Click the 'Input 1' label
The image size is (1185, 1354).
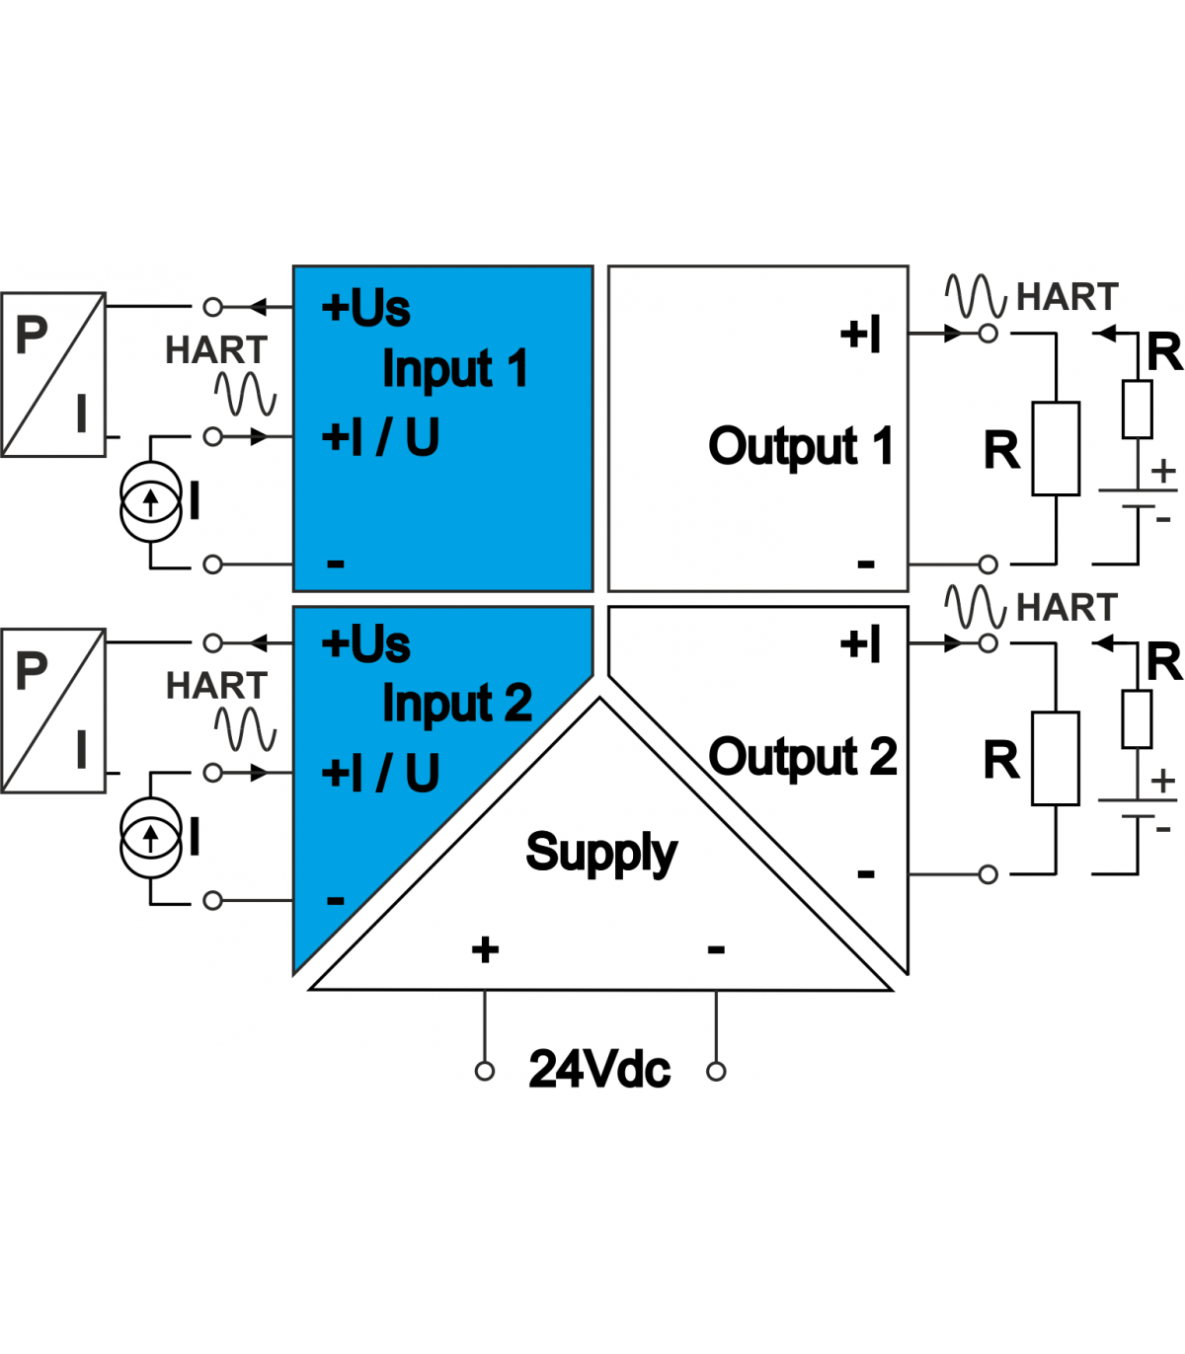[x=455, y=369]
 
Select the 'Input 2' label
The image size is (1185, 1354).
[x=457, y=704]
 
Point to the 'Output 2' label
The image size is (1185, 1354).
[x=803, y=757]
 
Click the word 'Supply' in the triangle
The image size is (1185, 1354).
[x=601, y=853]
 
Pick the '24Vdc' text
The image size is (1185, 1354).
[x=599, y=1070]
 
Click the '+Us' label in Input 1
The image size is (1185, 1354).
[x=365, y=308]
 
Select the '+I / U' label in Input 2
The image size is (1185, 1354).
[x=380, y=773]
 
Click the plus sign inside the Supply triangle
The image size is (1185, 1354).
[x=485, y=950]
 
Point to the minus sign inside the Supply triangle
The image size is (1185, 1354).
[x=716, y=950]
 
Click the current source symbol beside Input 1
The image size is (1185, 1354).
[x=151, y=502]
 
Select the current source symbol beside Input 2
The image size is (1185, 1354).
[x=151, y=838]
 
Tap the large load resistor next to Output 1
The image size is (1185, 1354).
[x=1056, y=449]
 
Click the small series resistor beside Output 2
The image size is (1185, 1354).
[x=1137, y=719]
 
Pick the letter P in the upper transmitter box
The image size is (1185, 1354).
[x=32, y=335]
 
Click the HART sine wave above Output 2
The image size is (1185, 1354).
[x=976, y=606]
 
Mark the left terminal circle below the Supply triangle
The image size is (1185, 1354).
[x=485, y=1072]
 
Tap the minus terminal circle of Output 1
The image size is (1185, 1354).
[x=987, y=564]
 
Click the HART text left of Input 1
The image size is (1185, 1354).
[x=216, y=350]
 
